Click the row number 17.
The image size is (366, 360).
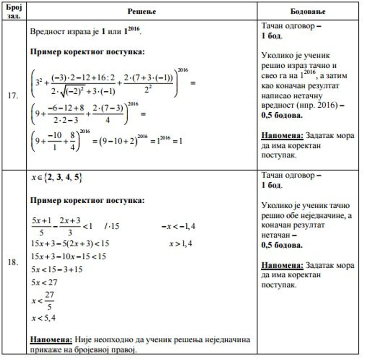point(13,96)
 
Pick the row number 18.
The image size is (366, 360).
point(13,262)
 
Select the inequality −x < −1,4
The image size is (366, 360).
point(178,226)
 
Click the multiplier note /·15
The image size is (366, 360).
point(112,226)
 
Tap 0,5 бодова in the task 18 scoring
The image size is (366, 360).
point(281,245)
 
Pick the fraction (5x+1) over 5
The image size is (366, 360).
point(38,226)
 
